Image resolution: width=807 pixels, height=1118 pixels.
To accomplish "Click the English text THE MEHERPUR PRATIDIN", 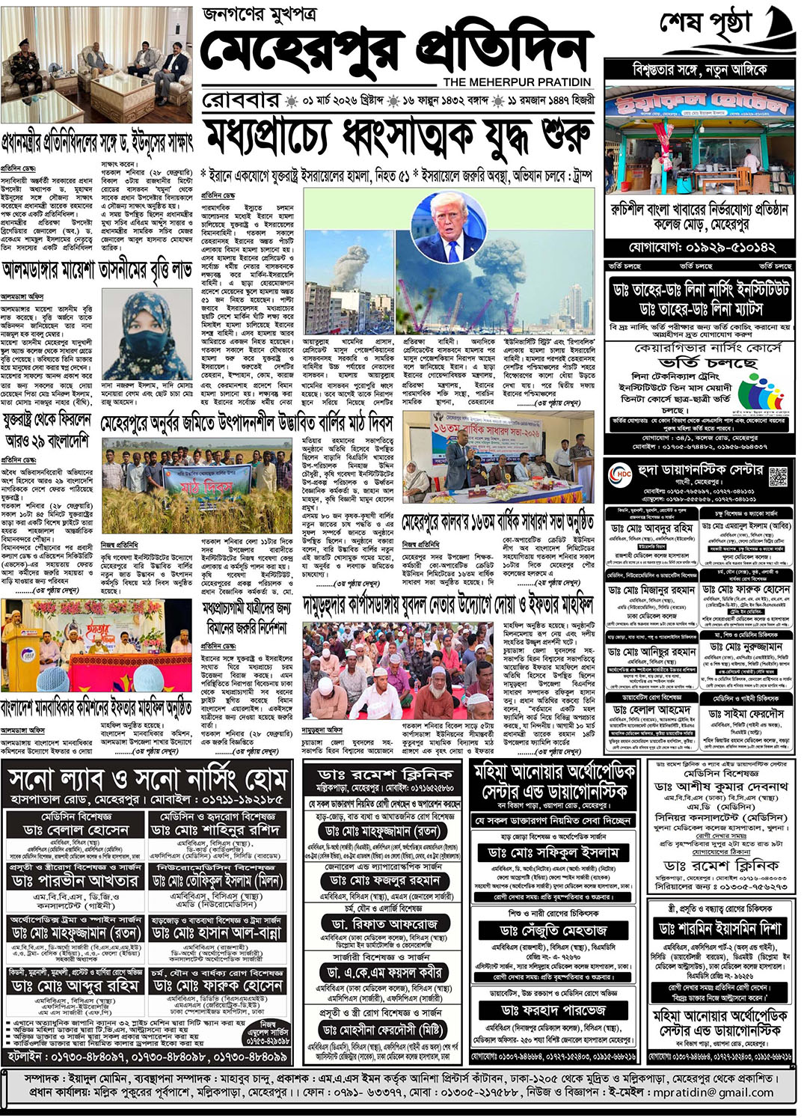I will point(517,82).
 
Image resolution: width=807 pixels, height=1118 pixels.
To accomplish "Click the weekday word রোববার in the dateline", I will point(241,100).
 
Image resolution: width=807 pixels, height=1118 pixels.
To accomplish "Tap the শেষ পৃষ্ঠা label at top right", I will point(704,24).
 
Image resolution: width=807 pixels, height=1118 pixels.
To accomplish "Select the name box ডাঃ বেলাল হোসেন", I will point(76,830).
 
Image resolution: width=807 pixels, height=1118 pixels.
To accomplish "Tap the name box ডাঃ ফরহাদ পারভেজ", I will point(553,1010).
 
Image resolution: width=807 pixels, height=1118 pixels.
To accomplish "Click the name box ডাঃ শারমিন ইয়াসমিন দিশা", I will point(719,928).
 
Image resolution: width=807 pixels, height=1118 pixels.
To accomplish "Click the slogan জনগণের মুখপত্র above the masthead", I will point(260,14).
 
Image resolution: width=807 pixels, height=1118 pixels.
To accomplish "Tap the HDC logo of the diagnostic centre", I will point(621,474).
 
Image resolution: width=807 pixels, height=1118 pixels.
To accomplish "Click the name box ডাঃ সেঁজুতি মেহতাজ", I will point(553,930).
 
